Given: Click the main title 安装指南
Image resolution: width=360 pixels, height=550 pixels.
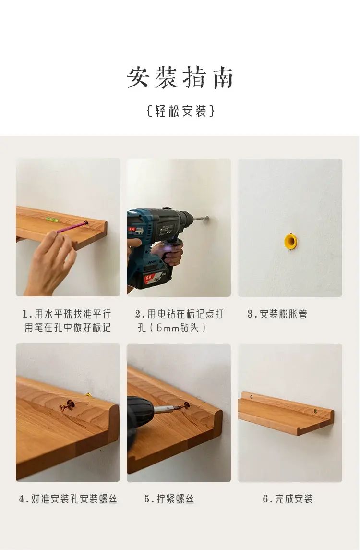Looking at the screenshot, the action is (x=180, y=77).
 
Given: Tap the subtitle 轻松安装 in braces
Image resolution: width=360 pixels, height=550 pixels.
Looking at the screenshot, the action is (x=180, y=111).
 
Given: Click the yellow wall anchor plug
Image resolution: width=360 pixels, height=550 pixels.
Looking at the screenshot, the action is (x=290, y=241).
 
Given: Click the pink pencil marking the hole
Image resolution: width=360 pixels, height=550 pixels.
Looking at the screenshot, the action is (x=72, y=227).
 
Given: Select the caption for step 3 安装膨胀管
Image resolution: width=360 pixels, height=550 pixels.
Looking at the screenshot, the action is (x=277, y=314).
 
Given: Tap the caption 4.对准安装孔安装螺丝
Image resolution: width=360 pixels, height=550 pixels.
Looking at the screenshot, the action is (x=68, y=499).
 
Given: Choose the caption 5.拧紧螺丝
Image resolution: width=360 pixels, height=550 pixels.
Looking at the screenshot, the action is (x=169, y=499).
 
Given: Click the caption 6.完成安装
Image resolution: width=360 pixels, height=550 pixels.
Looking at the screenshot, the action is (x=288, y=499).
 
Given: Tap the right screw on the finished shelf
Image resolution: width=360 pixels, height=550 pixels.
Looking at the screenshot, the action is (x=315, y=411).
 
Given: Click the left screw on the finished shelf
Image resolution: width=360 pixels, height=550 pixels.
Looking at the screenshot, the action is (x=252, y=397).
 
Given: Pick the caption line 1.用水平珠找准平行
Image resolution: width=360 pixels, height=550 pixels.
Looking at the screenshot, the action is (x=67, y=314).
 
